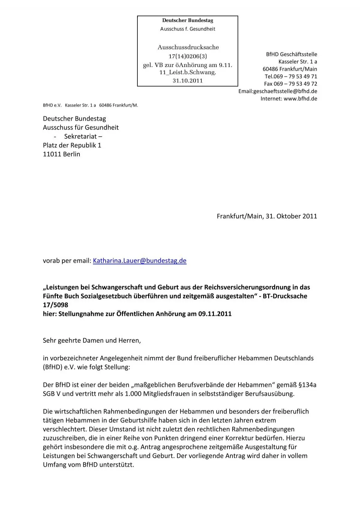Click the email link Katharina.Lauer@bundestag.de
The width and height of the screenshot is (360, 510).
139,261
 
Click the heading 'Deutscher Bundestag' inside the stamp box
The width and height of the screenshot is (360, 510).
187,20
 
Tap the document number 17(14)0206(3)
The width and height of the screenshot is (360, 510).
187,56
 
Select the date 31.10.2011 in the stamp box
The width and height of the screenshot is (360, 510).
187,80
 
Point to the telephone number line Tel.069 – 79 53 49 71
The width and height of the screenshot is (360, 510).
291,76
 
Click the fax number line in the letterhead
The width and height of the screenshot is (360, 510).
290,84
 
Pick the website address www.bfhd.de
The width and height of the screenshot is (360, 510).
300,99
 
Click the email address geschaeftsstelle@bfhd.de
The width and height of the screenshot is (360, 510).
285,91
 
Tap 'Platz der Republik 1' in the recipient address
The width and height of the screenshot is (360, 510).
72,145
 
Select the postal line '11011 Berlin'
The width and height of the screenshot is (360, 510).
61,154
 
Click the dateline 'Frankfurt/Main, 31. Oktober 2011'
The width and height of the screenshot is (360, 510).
267,216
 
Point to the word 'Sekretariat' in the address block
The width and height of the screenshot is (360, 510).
80,136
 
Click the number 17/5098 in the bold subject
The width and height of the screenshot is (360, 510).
55,305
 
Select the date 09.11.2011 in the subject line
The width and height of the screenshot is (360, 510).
215,314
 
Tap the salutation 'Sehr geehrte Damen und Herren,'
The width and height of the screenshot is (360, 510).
92,341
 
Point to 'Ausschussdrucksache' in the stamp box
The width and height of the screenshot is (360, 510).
188,47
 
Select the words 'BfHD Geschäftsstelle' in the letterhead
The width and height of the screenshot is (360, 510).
291,54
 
